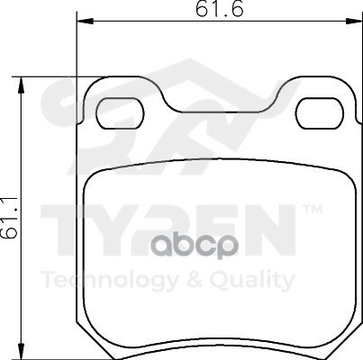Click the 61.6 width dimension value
pyautogui.click(x=219, y=9)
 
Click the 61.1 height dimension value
pyautogui.click(x=9, y=218)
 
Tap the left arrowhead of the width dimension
pyautogui.click(x=86, y=22)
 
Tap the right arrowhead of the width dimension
pyautogui.click(x=354, y=22)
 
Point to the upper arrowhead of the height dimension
pyautogui.click(x=21, y=85)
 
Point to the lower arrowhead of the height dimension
pyautogui.click(x=21, y=351)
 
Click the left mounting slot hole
pyautogui.click(x=120, y=113)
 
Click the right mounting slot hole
pyautogui.click(x=320, y=113)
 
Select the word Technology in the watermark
pyautogui.click(x=111, y=280)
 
